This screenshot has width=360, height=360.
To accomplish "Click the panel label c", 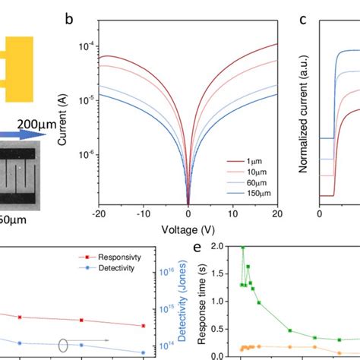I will (x=302, y=19).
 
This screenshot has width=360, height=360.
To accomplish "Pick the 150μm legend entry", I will (x=252, y=196).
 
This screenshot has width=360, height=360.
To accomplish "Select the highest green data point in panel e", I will (x=243, y=248).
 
